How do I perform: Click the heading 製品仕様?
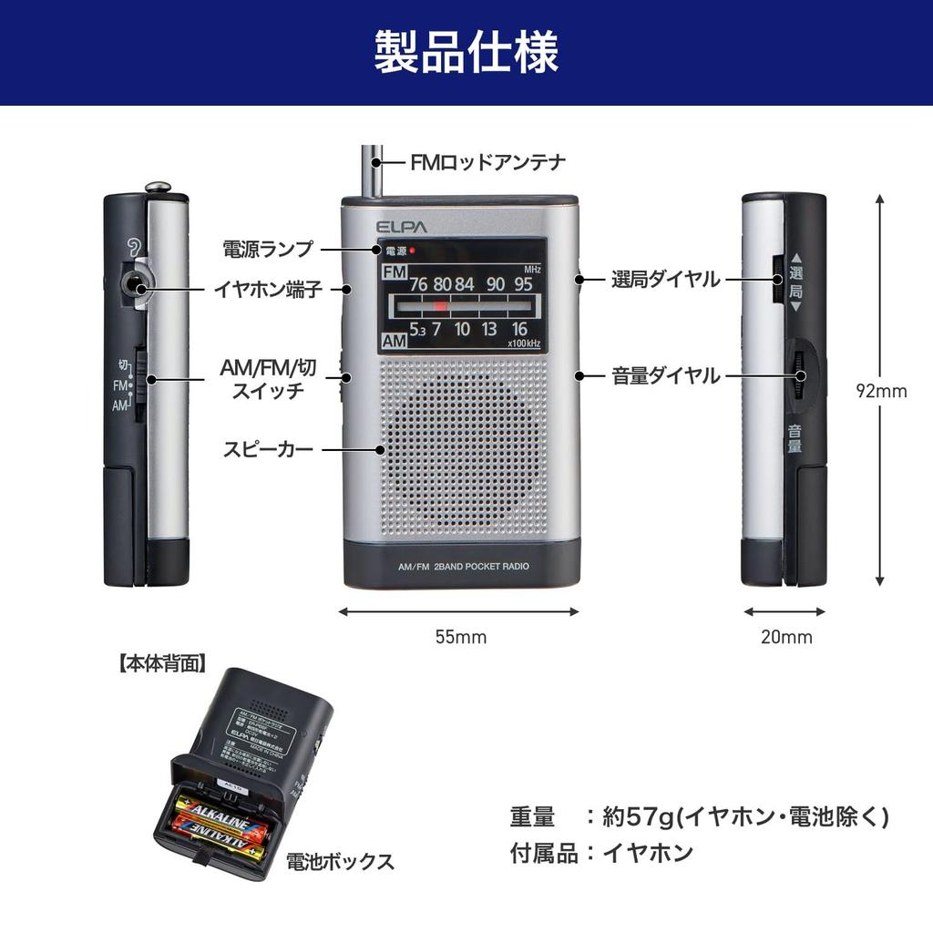(x=466, y=52)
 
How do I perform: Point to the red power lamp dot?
(x=412, y=251)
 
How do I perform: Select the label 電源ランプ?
(x=268, y=248)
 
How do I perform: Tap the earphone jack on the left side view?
(x=137, y=287)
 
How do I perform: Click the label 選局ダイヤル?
(x=665, y=280)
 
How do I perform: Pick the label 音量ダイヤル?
(x=665, y=375)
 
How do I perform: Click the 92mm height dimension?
(x=881, y=391)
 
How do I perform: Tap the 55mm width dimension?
(x=460, y=637)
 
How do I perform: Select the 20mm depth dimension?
(x=785, y=637)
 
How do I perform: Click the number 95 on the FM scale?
(x=523, y=283)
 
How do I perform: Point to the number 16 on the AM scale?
(x=519, y=330)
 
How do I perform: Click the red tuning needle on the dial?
(x=441, y=306)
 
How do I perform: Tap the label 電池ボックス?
(x=340, y=861)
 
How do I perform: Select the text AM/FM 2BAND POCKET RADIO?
(x=463, y=566)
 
